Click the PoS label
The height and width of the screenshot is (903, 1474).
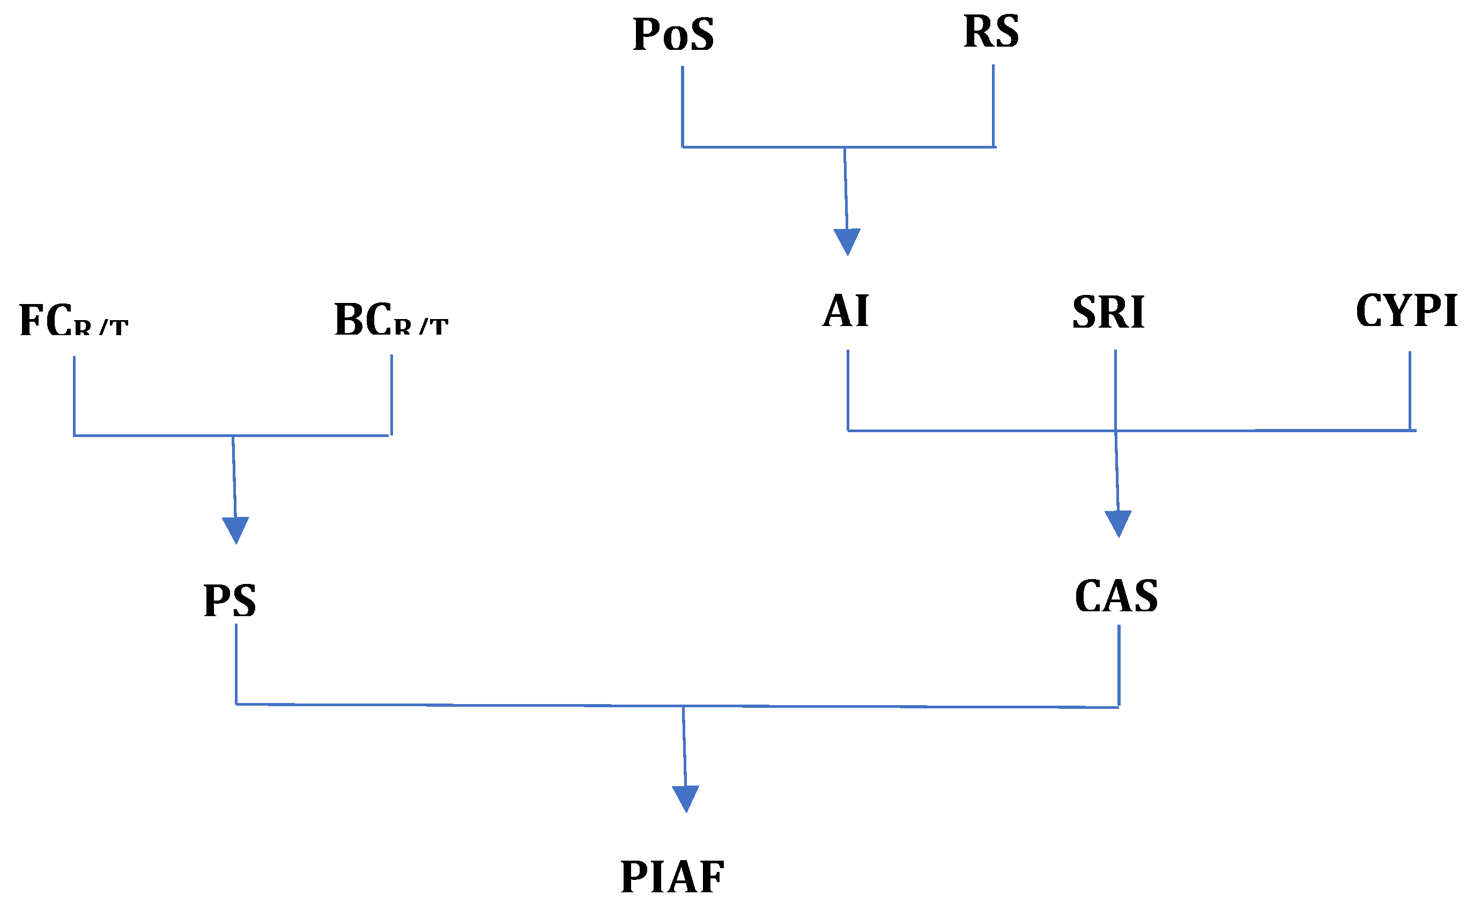673,34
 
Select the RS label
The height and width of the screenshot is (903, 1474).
991,31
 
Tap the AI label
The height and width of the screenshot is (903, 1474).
845,312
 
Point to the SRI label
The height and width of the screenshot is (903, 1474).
1108,313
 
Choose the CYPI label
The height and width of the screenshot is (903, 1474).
1406,311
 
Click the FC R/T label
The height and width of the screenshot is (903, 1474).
73,320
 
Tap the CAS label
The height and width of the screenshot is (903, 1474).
1116,597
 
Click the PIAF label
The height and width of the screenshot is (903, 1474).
672,877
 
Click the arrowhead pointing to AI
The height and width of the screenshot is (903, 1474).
847,241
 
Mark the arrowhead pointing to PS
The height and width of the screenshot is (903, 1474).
236,530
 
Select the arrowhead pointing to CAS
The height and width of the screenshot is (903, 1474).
1118,523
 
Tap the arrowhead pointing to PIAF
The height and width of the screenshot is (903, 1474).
686,798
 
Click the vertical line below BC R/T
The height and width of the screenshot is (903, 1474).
391,395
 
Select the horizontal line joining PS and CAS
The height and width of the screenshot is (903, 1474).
479,706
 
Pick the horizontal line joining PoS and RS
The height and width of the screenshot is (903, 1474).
766,146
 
